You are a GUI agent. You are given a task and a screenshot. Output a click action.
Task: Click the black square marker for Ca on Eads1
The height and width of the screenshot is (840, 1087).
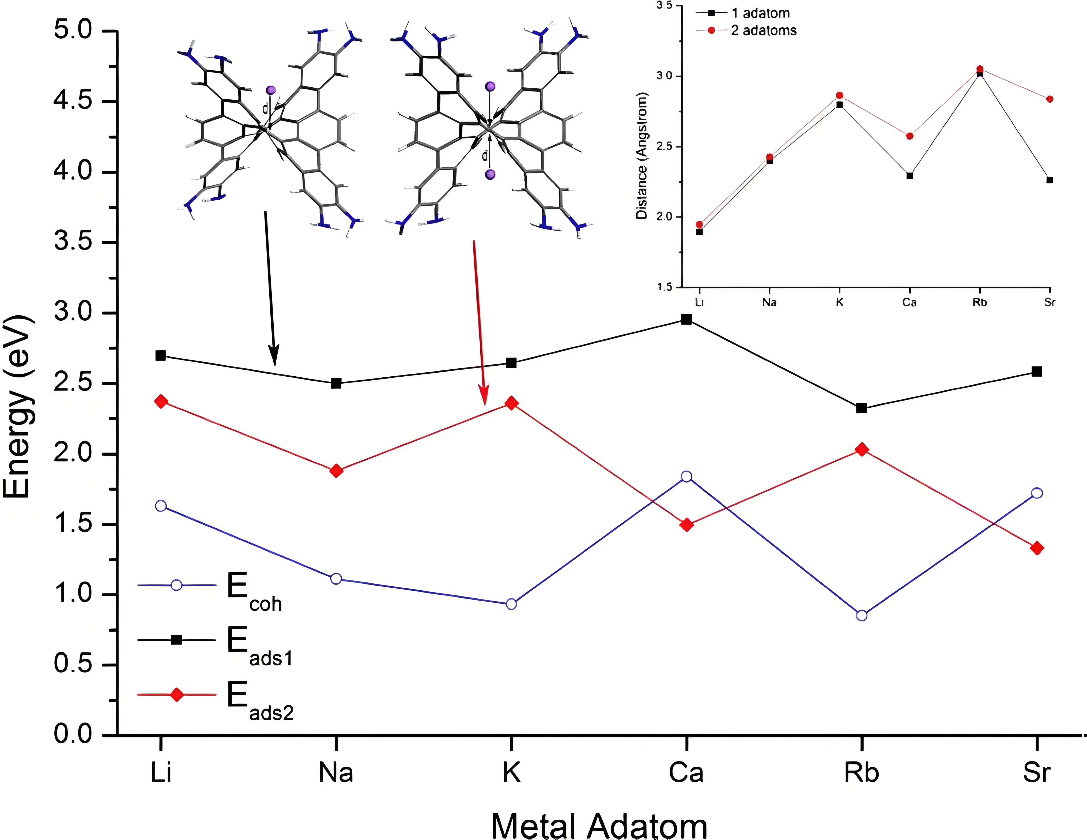pyautogui.click(x=686, y=319)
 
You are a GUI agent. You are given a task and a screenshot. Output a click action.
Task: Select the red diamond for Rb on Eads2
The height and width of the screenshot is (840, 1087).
pyautogui.click(x=862, y=450)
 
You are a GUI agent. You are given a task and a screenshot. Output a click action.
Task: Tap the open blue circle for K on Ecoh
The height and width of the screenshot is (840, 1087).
pyautogui.click(x=511, y=604)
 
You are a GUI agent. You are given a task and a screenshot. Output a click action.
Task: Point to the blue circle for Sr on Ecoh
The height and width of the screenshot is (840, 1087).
pyautogui.click(x=1037, y=493)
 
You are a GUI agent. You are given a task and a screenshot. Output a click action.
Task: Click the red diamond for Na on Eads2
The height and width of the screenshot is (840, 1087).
pyautogui.click(x=336, y=471)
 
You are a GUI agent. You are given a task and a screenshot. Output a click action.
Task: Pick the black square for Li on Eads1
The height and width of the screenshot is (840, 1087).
pyautogui.click(x=161, y=355)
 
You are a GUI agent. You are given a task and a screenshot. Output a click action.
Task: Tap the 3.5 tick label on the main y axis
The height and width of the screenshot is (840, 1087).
pyautogui.click(x=73, y=242)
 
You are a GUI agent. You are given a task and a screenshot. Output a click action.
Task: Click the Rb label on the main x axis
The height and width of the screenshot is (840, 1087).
pyautogui.click(x=862, y=772)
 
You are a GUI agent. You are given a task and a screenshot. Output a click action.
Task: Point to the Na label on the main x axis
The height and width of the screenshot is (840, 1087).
pyautogui.click(x=336, y=772)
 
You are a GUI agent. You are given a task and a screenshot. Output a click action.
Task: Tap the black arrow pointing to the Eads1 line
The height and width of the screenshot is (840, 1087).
pyautogui.click(x=270, y=289)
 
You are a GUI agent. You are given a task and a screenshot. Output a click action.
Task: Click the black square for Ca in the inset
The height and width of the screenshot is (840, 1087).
pyautogui.click(x=910, y=175)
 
